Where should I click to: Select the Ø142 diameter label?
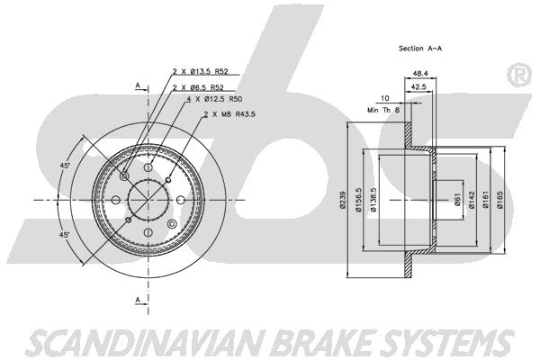472,202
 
